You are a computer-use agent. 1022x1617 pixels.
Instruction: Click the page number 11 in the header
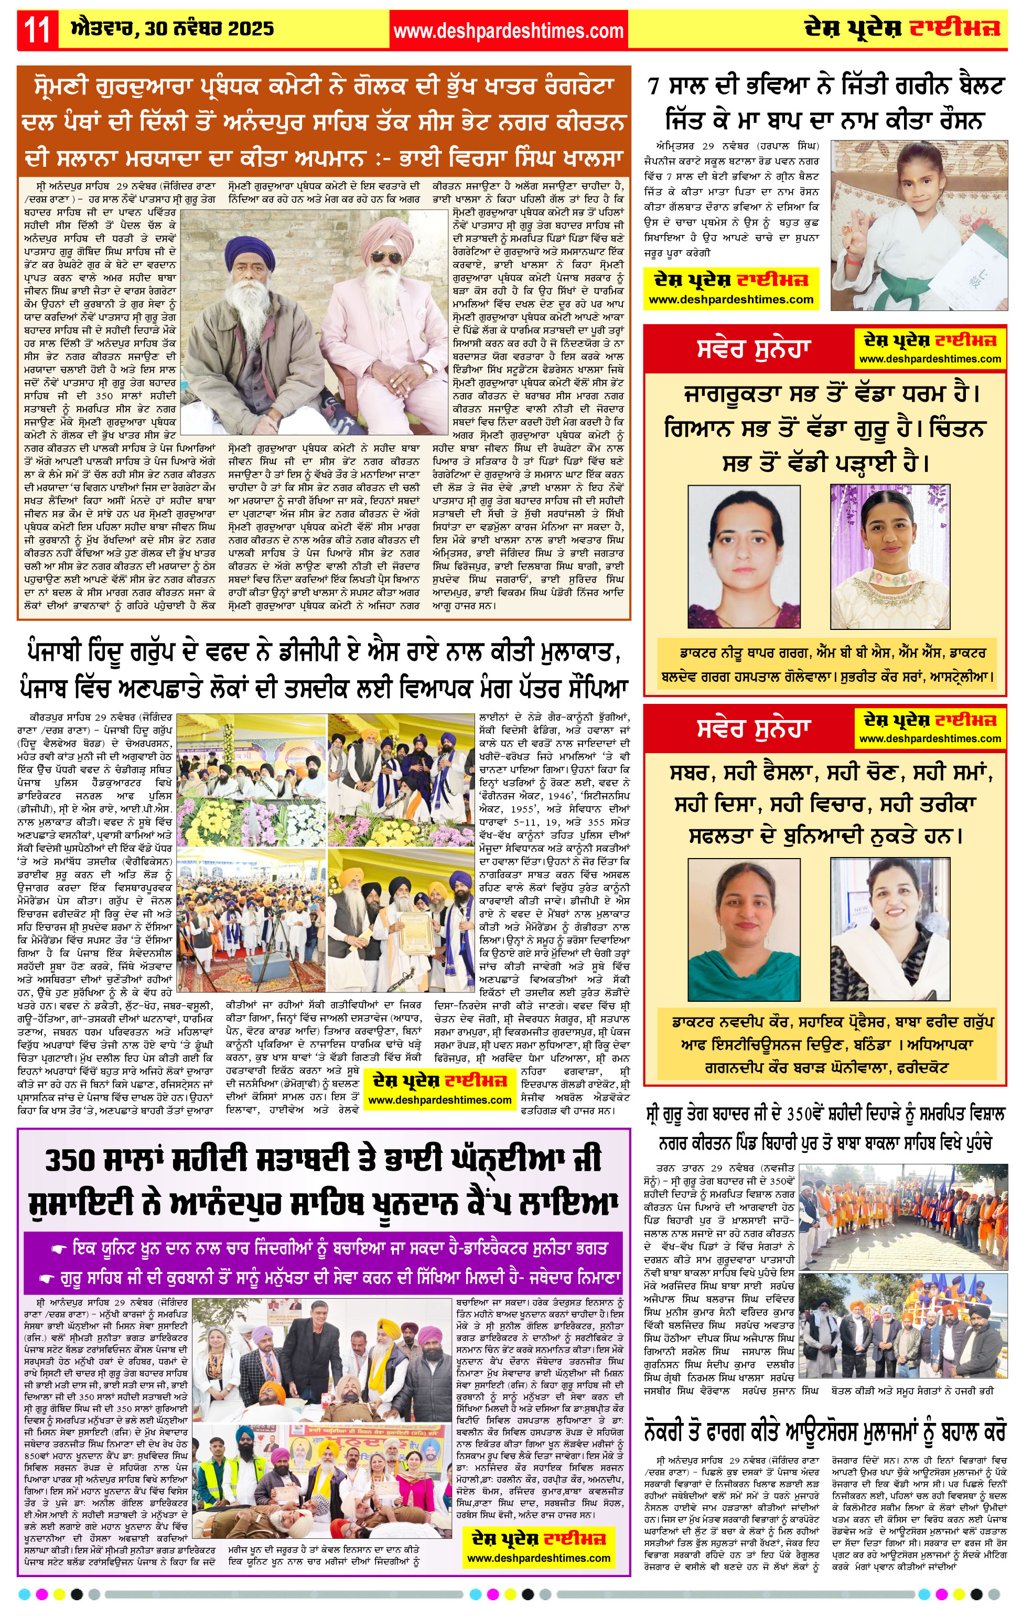point(38,30)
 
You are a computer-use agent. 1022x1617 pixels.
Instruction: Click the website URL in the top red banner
point(508,31)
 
